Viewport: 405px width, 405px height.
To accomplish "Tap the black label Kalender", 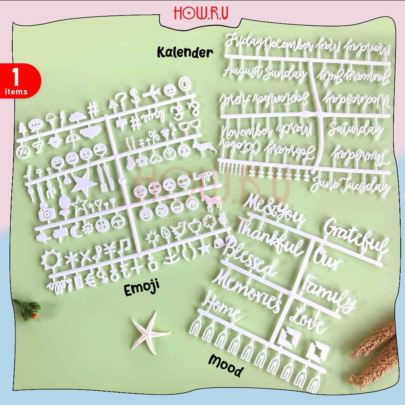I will (x=185, y=52).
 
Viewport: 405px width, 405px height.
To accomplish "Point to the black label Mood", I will (x=225, y=365).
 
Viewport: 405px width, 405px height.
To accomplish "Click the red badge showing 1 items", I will (x=18, y=81).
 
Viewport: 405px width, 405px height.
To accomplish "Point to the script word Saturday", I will (x=355, y=129).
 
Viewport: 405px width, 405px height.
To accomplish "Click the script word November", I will (x=246, y=132).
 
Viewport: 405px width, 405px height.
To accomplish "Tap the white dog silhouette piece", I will (x=204, y=148).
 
